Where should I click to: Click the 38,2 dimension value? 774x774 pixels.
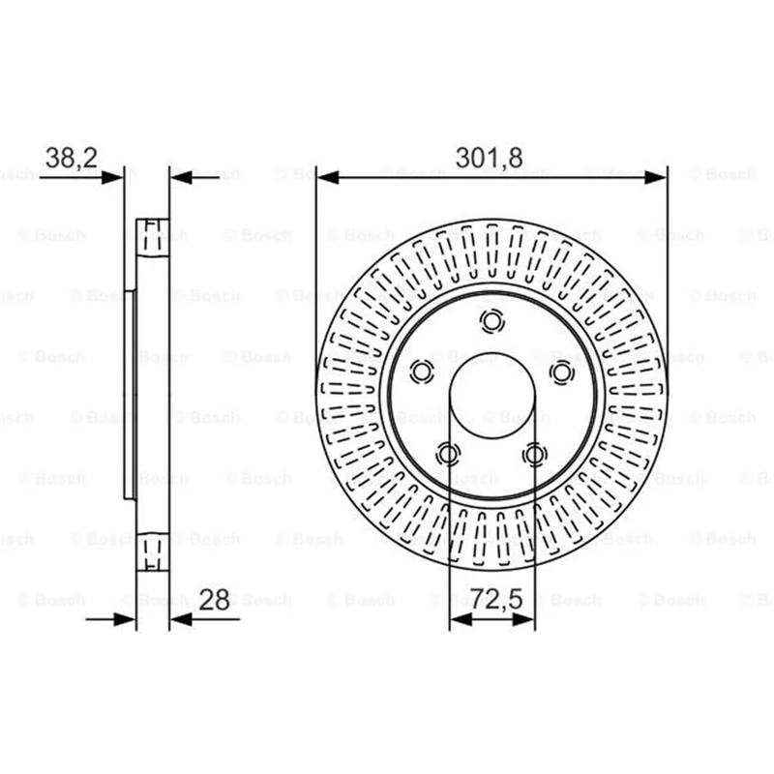71,158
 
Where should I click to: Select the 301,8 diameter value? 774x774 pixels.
490,158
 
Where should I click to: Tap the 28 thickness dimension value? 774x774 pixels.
214,600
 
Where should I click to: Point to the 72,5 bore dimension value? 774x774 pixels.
495,599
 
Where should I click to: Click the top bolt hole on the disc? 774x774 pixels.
492,321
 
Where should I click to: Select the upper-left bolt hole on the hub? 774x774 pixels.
422,372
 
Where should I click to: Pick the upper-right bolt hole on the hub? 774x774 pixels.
562,372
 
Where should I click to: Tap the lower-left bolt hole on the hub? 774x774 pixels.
449,454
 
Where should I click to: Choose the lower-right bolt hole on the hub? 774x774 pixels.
535,454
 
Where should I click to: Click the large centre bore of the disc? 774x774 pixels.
492,395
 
